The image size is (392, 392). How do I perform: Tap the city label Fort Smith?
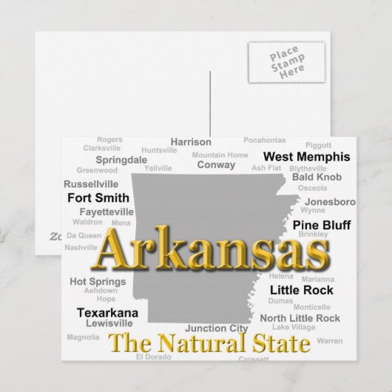pos(98,197)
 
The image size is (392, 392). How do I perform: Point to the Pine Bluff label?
pos(322,223)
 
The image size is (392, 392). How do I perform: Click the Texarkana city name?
pos(107,312)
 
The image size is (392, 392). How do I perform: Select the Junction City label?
pos(216,328)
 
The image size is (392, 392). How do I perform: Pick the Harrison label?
pos(191,142)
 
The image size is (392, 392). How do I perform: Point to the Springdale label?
pos(121,159)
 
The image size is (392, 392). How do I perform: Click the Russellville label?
pos(91,183)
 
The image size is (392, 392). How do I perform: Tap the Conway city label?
pos(216,165)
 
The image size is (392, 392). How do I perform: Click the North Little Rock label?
pos(300,318)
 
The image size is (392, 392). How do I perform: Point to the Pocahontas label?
pos(264,140)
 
